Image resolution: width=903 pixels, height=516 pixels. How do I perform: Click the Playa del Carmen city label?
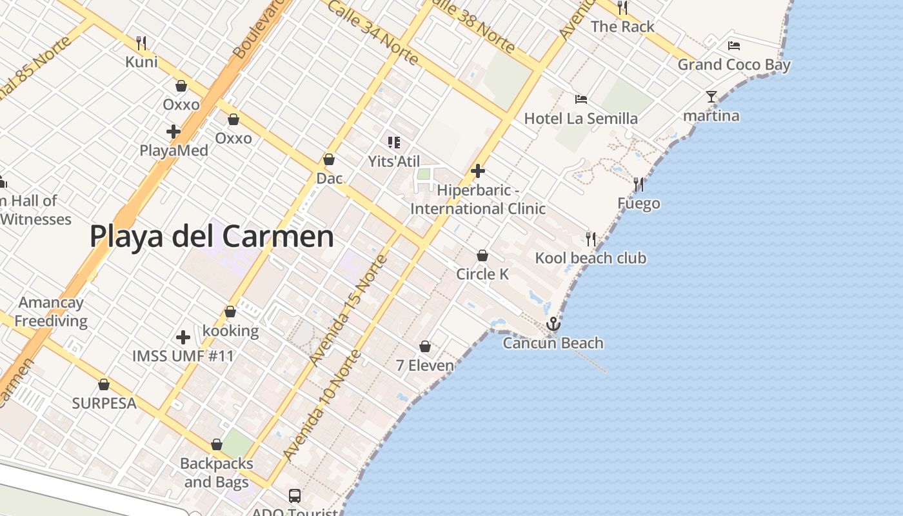pos(212,236)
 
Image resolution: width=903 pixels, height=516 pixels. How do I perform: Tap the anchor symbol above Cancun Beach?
pos(553,324)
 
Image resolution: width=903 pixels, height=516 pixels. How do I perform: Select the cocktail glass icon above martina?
pos(711,97)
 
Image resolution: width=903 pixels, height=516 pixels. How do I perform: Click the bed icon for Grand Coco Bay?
pos(734,45)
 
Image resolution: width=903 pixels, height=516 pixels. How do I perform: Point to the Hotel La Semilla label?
pos(580,119)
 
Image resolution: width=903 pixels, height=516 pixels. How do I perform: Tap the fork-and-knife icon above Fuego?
pos(639,184)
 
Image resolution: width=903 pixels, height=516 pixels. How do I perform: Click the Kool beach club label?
pos(590,258)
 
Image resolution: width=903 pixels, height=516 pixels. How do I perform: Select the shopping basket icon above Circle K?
pos(482,255)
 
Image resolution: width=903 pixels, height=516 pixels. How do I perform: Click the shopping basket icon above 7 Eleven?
pos(425,347)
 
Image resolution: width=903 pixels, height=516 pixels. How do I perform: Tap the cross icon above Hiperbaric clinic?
pos(478,171)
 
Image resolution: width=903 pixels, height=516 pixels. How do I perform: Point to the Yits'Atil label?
pos(393,161)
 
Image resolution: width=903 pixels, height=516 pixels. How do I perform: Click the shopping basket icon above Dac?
pos(329,159)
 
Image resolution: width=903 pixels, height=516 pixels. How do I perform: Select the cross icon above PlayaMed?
pos(174,132)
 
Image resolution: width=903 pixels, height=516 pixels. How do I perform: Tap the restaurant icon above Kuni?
pos(141,43)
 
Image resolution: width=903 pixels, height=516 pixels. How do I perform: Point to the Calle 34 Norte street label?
pos(373,32)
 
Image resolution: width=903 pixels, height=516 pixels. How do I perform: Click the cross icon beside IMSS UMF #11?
pos(183,337)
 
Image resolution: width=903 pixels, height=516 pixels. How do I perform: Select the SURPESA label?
pos(104,403)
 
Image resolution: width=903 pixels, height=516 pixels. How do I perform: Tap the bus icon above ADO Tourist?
pos(295,495)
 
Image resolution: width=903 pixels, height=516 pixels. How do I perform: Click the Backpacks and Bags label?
pos(216,473)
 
